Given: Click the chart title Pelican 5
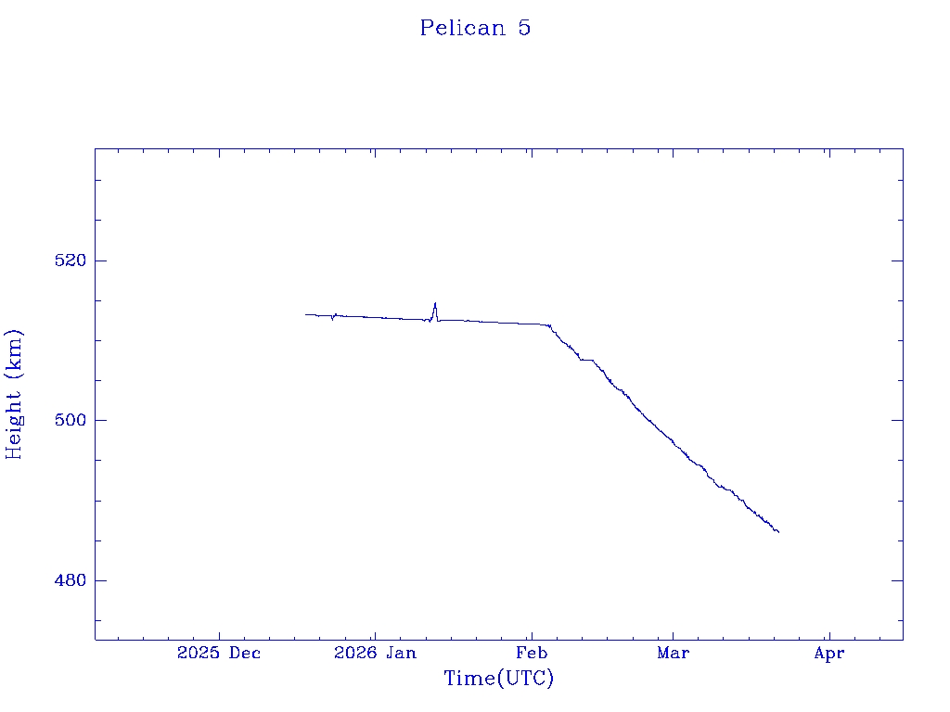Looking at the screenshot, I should click(475, 28).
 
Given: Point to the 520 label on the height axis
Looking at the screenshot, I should click(71, 261).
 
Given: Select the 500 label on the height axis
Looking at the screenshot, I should click(71, 420).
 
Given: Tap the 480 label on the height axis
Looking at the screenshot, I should click(71, 580).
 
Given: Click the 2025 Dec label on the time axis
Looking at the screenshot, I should click(219, 653).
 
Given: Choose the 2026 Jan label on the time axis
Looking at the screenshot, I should click(375, 653).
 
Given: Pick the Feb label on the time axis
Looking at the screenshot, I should click(532, 653).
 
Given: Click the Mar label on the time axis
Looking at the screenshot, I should click(673, 653).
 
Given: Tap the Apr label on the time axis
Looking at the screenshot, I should click(828, 653).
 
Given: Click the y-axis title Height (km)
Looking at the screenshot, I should click(14, 394).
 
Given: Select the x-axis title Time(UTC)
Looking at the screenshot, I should click(498, 679).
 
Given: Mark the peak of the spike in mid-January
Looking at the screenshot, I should click(434, 303).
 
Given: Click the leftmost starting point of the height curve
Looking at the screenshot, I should click(305, 314).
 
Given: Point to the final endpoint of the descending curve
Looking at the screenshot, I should click(778, 532).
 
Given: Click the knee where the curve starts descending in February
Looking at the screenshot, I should click(549, 325).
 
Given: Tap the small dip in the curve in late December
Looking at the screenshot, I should click(332, 320).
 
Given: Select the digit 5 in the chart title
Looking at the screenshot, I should click(524, 28).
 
